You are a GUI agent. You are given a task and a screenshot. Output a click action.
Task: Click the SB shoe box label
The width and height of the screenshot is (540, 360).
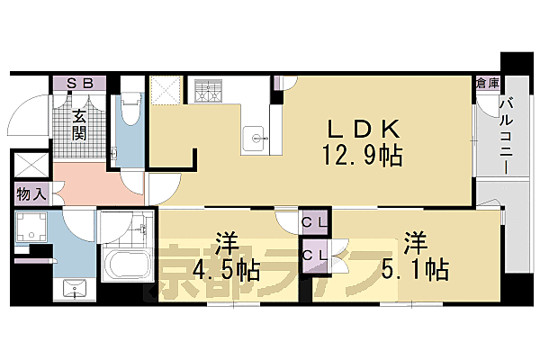(80, 83)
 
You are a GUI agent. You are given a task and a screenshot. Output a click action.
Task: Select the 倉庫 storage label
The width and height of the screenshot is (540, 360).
(487, 83)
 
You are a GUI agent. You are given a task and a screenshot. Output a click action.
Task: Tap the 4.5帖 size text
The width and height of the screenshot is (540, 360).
(224, 270)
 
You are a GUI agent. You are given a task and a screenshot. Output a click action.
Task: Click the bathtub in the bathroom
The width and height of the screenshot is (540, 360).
(127, 265)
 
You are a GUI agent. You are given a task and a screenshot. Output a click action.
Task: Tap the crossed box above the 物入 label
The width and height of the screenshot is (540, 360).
(32, 167)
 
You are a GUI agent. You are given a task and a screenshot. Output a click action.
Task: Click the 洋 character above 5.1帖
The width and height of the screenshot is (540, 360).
(414, 242)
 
